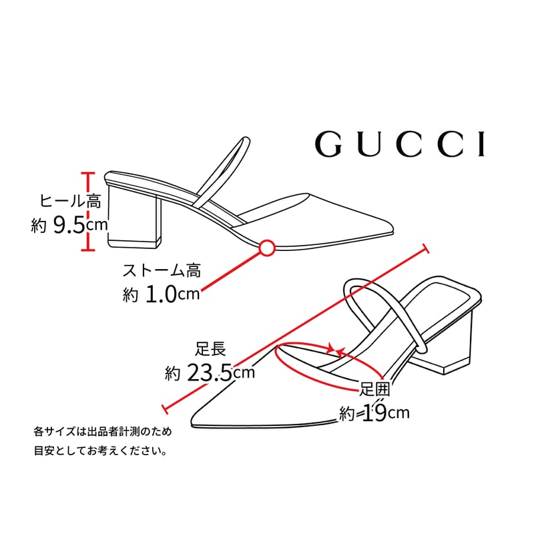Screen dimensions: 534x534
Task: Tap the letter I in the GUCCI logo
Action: click(x=481, y=144)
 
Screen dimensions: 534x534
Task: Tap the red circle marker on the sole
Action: click(x=266, y=248)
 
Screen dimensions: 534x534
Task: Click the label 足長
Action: click(x=210, y=348)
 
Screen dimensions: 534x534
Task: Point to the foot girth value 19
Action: click(x=375, y=413)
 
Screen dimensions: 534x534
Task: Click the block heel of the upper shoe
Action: click(x=133, y=217)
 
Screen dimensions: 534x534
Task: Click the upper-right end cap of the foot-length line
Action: click(x=425, y=249)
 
